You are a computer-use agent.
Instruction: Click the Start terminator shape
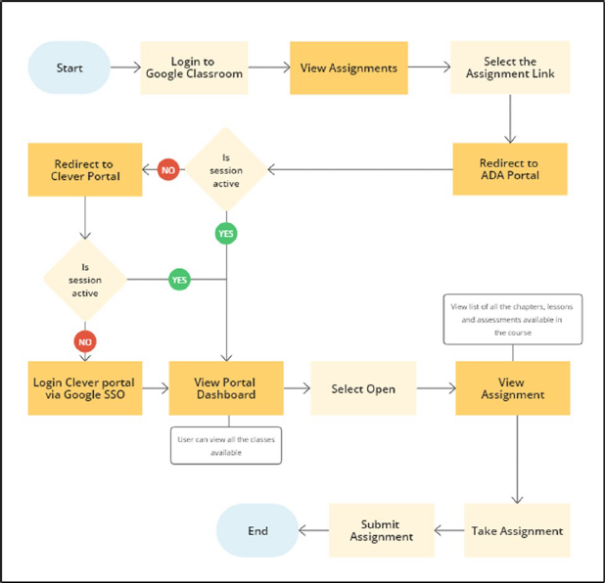[x=69, y=67]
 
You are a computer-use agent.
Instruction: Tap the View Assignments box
[x=349, y=67]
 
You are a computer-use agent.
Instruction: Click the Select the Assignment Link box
[x=508, y=67]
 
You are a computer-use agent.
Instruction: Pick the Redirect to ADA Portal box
[x=510, y=169]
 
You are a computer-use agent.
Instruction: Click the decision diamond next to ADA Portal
[x=227, y=169]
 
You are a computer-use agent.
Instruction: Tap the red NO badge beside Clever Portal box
[x=169, y=170]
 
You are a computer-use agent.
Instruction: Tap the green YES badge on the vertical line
[x=227, y=234]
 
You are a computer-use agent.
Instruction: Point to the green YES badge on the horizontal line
[x=179, y=280]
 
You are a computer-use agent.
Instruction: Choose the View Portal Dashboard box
[x=226, y=388]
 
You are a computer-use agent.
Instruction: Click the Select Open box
[x=363, y=388]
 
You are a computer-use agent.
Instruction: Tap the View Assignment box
[x=512, y=388]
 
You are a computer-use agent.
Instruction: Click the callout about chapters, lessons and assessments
[x=512, y=319]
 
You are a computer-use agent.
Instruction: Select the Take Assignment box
[x=516, y=531]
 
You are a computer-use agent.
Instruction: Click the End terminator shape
[x=257, y=531]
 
